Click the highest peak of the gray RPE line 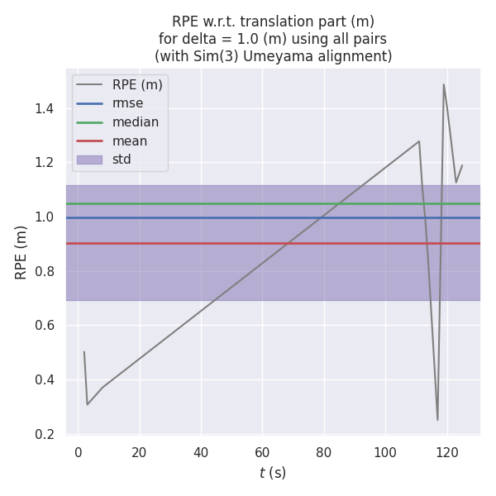click(444, 84)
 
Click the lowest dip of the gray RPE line click(437, 420)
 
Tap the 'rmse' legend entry click(127, 103)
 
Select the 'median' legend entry click(136, 122)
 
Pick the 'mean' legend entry click(130, 141)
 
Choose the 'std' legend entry click(122, 160)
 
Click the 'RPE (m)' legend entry click(138, 84)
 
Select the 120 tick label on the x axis click(447, 452)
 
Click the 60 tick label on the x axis click(262, 452)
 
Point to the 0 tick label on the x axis click(79, 452)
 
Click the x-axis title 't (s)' click(273, 473)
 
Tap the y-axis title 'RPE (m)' click(21, 251)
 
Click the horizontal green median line click(273, 203)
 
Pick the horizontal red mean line click(273, 243)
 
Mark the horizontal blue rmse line click(273, 217)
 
